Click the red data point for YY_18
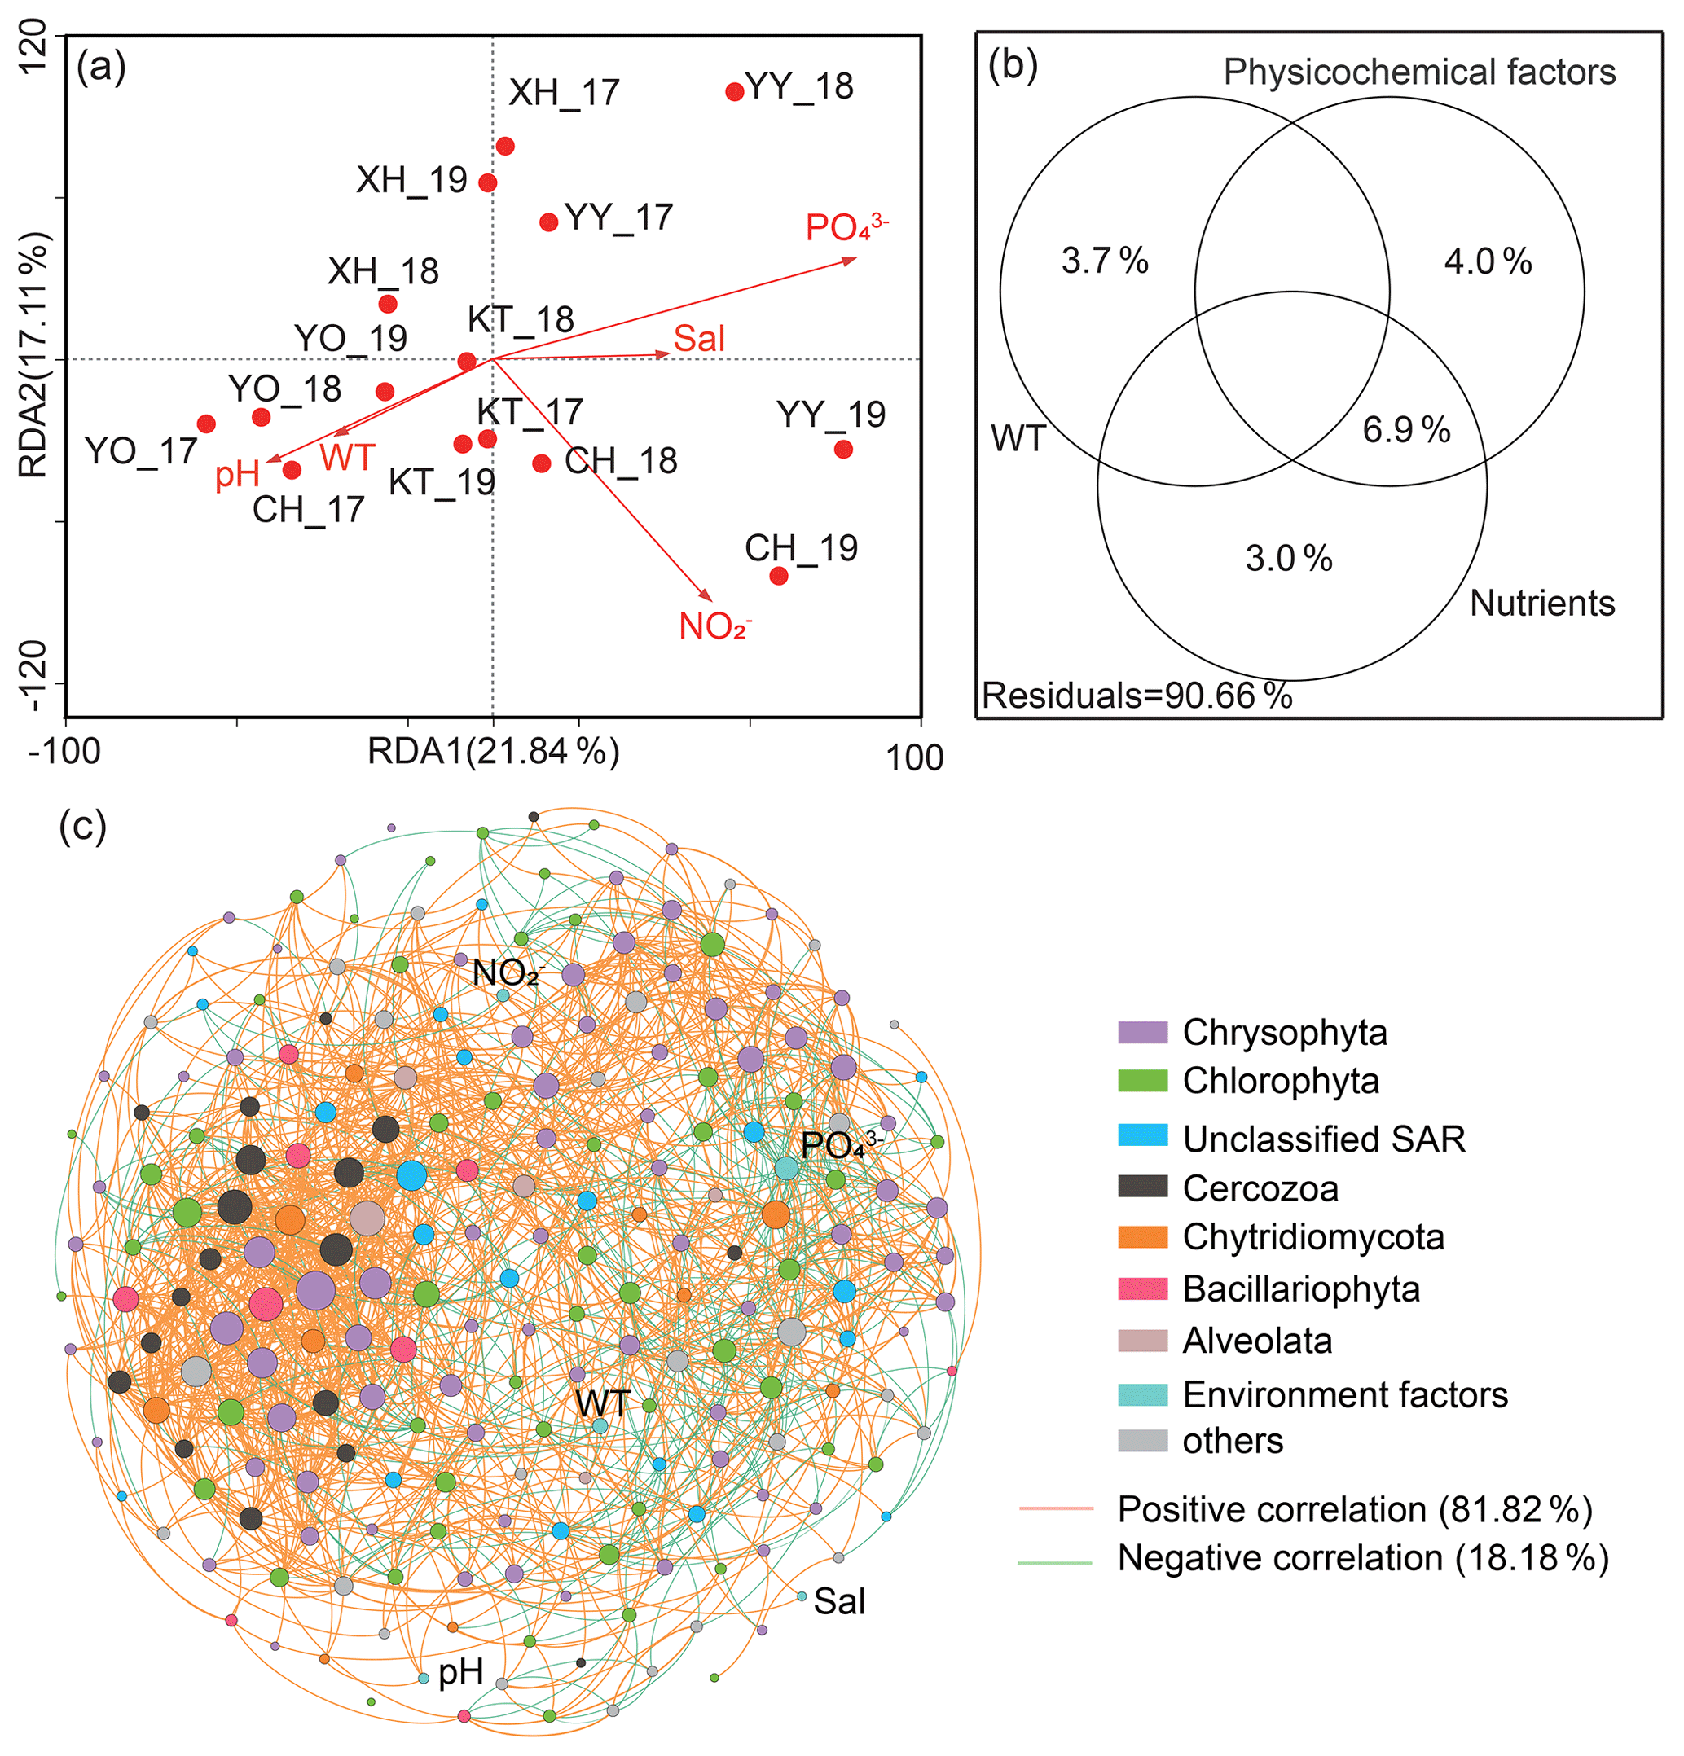click(734, 91)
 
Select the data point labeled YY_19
click(842, 449)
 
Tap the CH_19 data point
click(778, 575)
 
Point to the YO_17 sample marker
click(206, 424)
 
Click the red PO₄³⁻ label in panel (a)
click(845, 226)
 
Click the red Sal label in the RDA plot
click(698, 339)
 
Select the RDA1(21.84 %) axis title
click(493, 751)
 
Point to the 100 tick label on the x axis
click(914, 758)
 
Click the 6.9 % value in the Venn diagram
click(1405, 430)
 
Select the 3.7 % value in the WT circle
click(1104, 261)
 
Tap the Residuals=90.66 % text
click(1137, 696)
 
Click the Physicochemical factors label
click(1418, 72)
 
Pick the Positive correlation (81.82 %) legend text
click(1354, 1510)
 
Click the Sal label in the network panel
click(839, 1602)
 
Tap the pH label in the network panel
click(460, 1672)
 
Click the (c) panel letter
click(82, 825)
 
